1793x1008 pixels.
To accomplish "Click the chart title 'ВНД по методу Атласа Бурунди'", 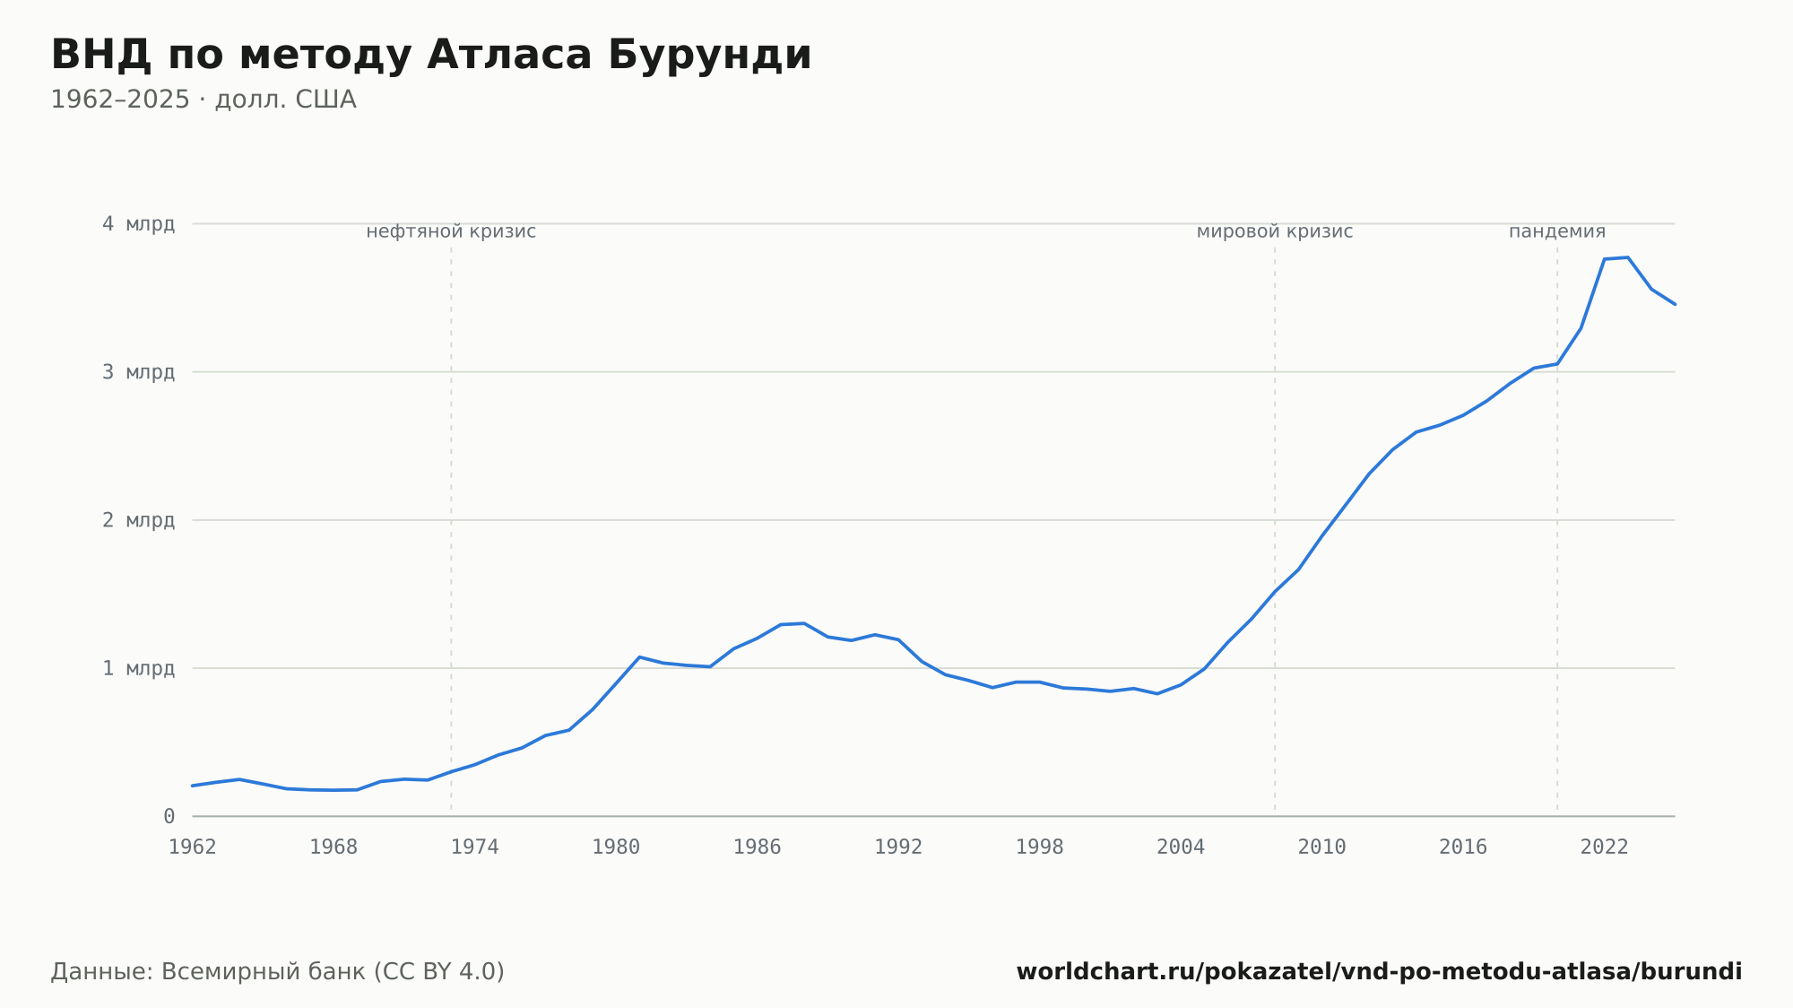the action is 431,56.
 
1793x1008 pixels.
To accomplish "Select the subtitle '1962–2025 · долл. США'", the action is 204,100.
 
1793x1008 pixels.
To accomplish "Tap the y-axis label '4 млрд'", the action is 138,224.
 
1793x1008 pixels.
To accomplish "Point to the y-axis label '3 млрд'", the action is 138,372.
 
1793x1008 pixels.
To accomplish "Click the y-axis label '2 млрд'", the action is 138,520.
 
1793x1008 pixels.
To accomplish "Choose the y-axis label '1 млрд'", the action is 138,668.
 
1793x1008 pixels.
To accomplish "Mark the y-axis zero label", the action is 169,816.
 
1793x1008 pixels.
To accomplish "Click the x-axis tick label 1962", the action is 193,847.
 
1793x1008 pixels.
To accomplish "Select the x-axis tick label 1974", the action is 475,847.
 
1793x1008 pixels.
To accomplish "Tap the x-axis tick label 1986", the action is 758,847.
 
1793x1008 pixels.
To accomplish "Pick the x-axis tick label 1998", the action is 1040,847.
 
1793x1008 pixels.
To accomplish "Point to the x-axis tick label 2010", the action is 1322,847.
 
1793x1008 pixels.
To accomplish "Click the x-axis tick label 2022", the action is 1605,847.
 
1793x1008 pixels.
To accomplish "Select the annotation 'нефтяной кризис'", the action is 451,231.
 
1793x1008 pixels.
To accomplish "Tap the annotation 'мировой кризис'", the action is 1275,231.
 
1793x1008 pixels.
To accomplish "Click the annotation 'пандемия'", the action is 1557,231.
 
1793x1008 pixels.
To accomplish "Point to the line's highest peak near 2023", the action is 1628,257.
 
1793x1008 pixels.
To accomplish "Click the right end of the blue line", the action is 1675,304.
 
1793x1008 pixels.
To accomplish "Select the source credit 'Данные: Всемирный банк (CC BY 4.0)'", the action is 278,972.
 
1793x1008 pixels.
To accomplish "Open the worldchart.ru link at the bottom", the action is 1379,972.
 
